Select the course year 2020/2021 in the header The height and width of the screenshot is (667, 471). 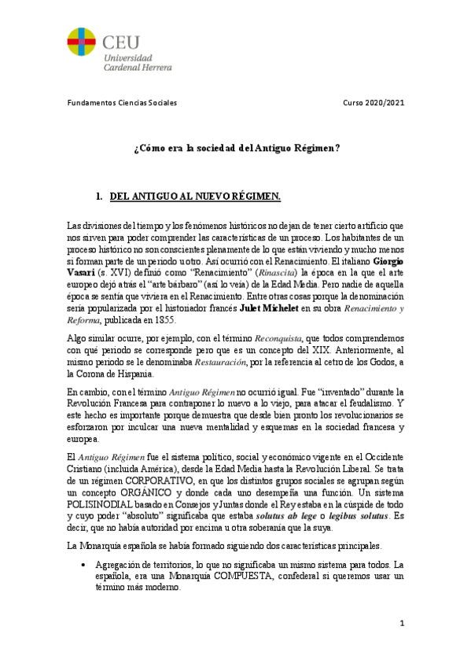374,103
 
